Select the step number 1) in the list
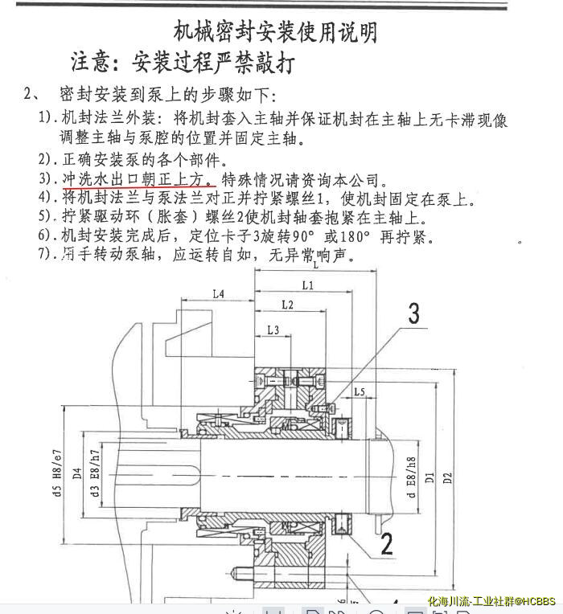coord(47,118)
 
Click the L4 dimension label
coord(219,294)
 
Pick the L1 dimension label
coord(307,285)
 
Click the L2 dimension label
coord(288,305)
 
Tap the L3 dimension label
coord(273,330)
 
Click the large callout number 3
coord(413,313)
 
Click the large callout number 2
coord(386,544)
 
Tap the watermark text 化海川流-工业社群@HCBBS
coord(491,601)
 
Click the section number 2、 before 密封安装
coord(34,94)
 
